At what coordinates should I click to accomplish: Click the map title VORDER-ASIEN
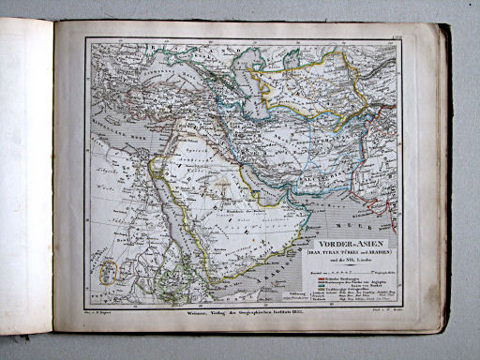click(x=346, y=224)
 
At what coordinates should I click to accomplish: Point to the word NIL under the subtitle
click(x=349, y=242)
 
